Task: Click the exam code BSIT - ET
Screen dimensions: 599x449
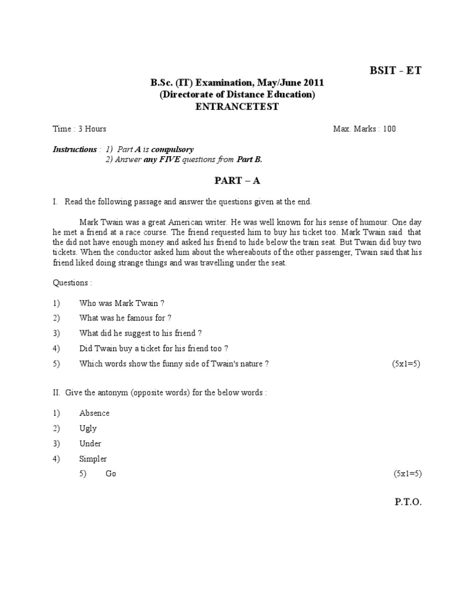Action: [x=395, y=71]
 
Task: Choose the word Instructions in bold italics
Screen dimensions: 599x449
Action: [x=74, y=149]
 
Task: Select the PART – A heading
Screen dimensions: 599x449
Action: [x=237, y=181]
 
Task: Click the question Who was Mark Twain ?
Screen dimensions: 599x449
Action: [x=122, y=303]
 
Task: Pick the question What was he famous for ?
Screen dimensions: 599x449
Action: [x=126, y=318]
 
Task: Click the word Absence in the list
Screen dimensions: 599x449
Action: [x=94, y=413]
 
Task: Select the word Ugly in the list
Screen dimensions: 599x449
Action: [x=88, y=428]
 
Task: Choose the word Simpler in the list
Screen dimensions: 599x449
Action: [x=93, y=459]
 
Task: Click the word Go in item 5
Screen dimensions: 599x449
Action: [x=111, y=474]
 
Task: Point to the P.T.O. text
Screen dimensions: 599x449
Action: [x=407, y=502]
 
